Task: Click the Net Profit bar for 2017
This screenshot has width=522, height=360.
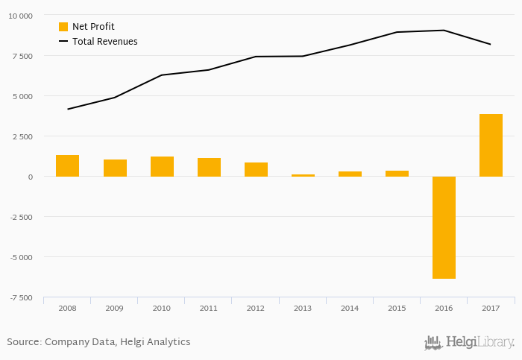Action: point(491,145)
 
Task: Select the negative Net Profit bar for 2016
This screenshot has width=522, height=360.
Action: point(444,227)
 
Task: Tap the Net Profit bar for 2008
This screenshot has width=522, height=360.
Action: point(68,165)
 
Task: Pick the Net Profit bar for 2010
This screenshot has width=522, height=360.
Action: point(162,166)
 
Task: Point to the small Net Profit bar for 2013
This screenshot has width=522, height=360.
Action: point(303,175)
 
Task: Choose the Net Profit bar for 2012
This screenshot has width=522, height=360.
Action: point(256,169)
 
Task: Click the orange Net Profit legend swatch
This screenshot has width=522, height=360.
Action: point(63,27)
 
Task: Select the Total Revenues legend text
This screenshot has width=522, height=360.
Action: point(104,42)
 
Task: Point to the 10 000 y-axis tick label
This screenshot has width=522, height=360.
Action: point(20,16)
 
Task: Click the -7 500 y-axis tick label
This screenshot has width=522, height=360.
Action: point(20,297)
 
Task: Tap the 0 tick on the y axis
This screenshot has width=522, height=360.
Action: point(30,177)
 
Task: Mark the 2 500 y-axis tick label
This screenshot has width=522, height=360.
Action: point(22,136)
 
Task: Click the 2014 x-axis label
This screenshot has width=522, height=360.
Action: point(350,308)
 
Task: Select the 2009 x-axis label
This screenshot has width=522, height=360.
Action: point(114,308)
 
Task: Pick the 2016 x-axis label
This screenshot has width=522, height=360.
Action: point(444,308)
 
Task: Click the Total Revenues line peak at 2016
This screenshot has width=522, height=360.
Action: point(444,31)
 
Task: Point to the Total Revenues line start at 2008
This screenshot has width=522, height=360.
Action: point(68,110)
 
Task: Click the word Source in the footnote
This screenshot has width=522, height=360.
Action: point(23,342)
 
